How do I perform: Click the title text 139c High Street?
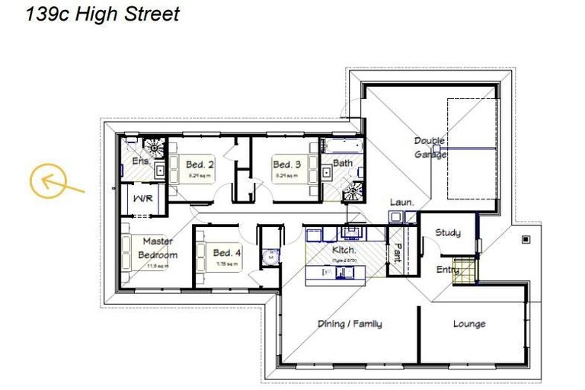103,14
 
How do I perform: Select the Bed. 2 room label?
200,165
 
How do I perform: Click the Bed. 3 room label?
287,165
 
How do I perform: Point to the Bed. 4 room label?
227,253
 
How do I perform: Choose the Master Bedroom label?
158,248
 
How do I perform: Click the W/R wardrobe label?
142,199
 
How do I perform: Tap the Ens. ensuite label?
140,161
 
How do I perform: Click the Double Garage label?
430,147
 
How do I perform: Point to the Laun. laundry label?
401,203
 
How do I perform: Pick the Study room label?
447,232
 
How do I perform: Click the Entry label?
447,270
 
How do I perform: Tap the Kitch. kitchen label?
344,250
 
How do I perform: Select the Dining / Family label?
350,324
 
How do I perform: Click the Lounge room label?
469,324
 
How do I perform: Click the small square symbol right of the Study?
525,240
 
